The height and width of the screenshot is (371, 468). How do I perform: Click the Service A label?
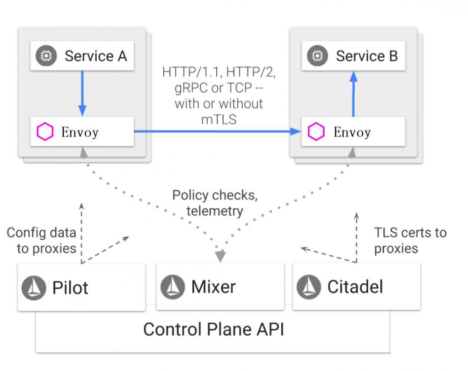click(x=95, y=56)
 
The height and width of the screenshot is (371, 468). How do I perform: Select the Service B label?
click(x=366, y=56)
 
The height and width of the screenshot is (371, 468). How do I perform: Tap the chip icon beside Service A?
click(x=46, y=56)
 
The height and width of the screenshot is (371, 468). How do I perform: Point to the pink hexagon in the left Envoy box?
click(x=45, y=132)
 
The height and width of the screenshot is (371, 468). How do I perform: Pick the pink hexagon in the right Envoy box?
click(x=316, y=132)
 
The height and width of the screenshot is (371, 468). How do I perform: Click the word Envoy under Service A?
click(x=80, y=132)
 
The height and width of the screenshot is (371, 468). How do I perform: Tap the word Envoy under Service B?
click(x=352, y=132)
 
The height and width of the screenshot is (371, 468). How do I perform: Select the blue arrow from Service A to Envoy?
click(x=82, y=93)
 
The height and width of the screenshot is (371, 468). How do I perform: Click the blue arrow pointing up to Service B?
click(x=354, y=93)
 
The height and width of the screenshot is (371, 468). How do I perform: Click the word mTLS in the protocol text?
click(x=219, y=119)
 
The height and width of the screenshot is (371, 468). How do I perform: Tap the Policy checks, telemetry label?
click(x=215, y=203)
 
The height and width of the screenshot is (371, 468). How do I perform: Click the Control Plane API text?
click(x=213, y=329)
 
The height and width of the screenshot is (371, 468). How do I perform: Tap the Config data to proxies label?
click(x=42, y=240)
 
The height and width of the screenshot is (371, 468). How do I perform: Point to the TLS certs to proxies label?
click(x=410, y=240)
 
